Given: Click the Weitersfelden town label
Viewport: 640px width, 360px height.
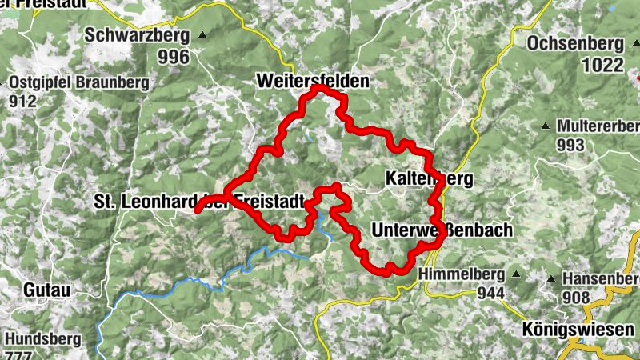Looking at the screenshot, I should coord(313,81).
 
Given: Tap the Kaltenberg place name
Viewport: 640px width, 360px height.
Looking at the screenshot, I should coord(429,178).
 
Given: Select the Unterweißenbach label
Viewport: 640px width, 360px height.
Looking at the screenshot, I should coord(442,230).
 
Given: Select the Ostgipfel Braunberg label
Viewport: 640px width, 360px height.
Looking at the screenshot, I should coord(79,82).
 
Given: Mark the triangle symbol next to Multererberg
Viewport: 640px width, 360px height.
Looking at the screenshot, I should coord(546,126).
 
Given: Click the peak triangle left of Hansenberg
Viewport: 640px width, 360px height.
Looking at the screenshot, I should coord(551,278).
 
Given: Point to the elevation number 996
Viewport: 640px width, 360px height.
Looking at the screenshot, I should coord(174,57).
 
